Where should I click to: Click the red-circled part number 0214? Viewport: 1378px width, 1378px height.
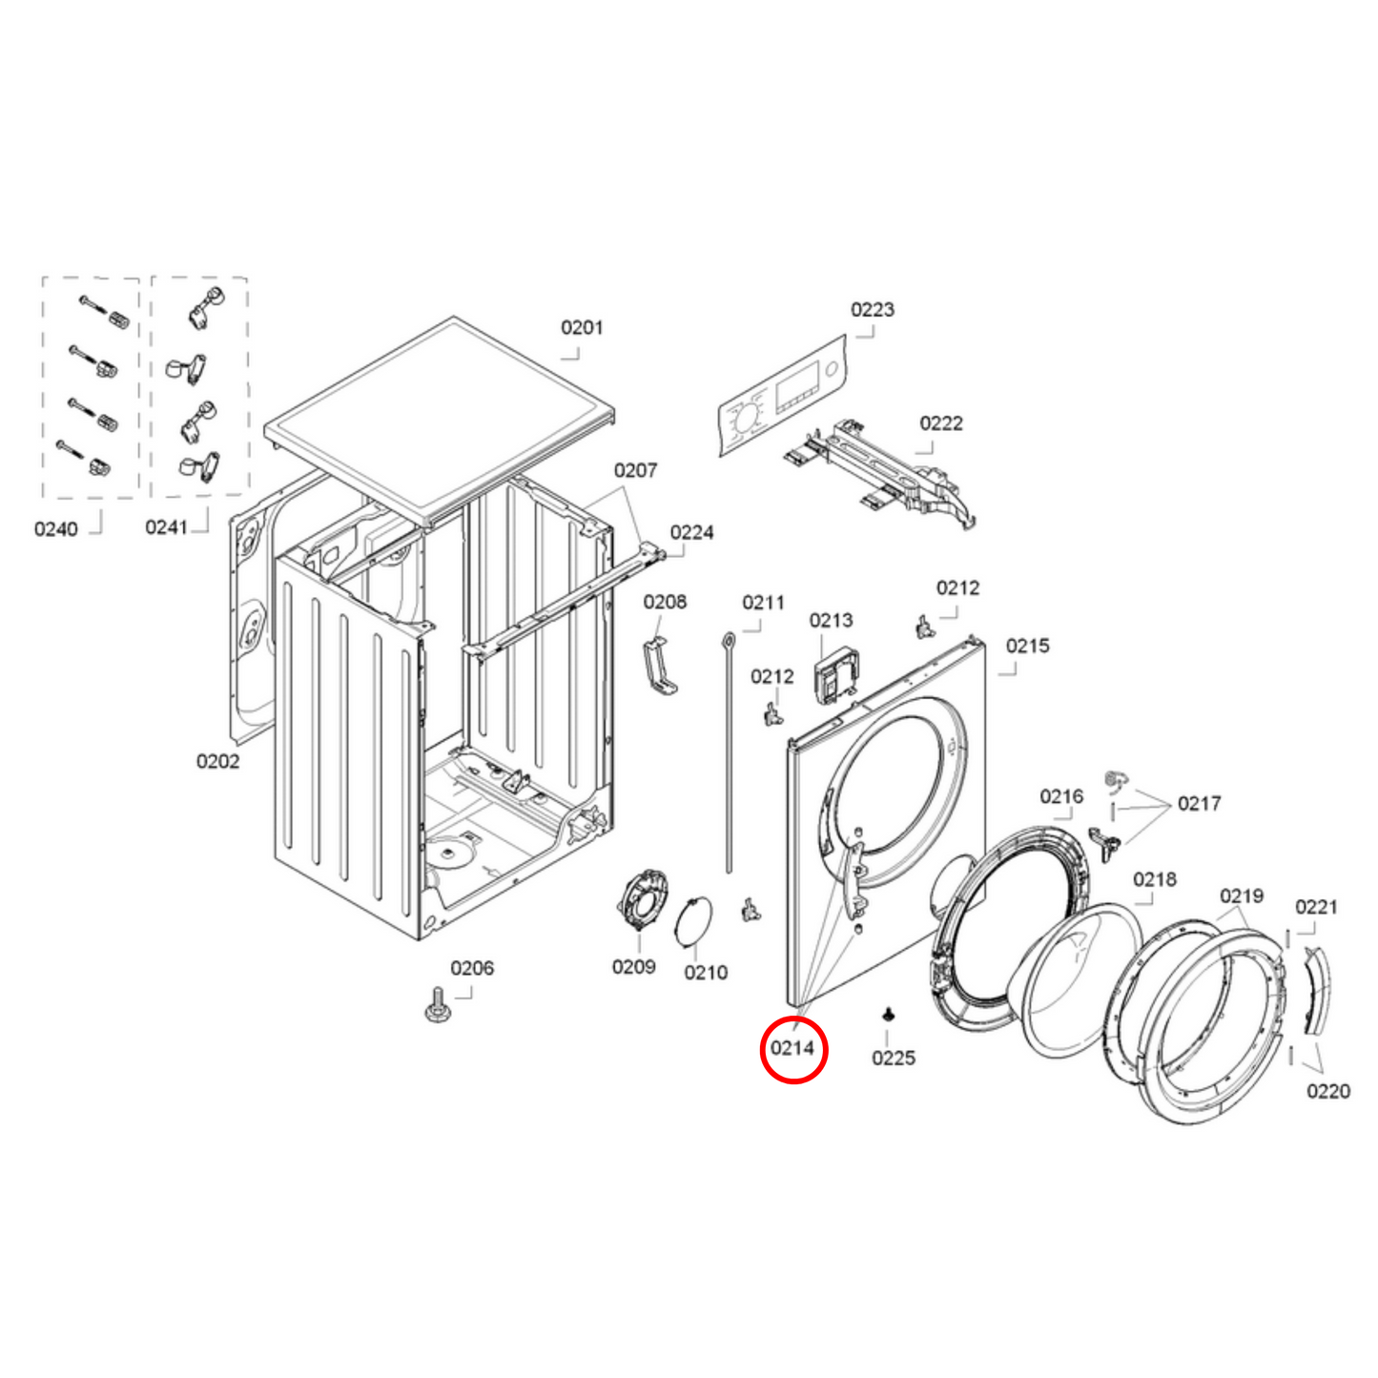tap(792, 1048)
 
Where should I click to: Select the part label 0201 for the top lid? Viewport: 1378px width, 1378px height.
tap(581, 328)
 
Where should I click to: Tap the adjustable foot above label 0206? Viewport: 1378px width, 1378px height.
tap(438, 1004)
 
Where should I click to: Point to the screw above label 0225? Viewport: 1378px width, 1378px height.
tap(889, 1014)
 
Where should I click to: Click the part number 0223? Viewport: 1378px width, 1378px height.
tap(872, 310)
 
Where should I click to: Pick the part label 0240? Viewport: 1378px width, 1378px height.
tap(56, 529)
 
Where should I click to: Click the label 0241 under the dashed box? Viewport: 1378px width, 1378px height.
tap(167, 527)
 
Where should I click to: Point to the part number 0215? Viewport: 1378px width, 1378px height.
tap(1027, 647)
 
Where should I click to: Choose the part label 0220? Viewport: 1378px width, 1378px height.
tap(1327, 1092)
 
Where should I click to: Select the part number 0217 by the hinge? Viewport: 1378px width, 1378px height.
tap(1199, 804)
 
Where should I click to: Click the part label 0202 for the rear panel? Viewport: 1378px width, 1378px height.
tap(217, 761)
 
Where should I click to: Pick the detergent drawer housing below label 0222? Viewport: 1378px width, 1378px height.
tap(882, 472)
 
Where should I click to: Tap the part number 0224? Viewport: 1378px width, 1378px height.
tap(691, 533)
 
